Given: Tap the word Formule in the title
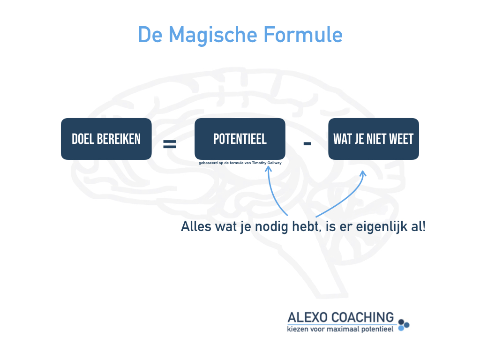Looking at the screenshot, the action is [303, 34].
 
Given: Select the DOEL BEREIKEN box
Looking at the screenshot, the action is [106, 139].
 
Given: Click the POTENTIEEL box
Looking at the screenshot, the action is [240, 139].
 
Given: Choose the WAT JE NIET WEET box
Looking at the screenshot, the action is [374, 139].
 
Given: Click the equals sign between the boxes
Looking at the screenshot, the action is [170, 143].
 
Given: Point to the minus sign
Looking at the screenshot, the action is [307, 143].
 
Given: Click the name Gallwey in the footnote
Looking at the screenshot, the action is [275, 163].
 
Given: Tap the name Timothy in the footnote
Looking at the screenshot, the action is [259, 163].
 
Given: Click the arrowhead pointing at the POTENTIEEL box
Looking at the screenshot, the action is [268, 168].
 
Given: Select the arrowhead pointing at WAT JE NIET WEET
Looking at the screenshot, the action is [363, 173].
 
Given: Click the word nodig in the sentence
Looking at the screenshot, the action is [271, 227].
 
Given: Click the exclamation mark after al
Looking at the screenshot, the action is [424, 226].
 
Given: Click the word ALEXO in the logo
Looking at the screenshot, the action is [307, 317].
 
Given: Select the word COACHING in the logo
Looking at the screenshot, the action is [363, 317].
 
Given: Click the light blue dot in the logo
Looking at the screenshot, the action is [401, 329].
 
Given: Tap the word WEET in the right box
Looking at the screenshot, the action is [401, 139].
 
